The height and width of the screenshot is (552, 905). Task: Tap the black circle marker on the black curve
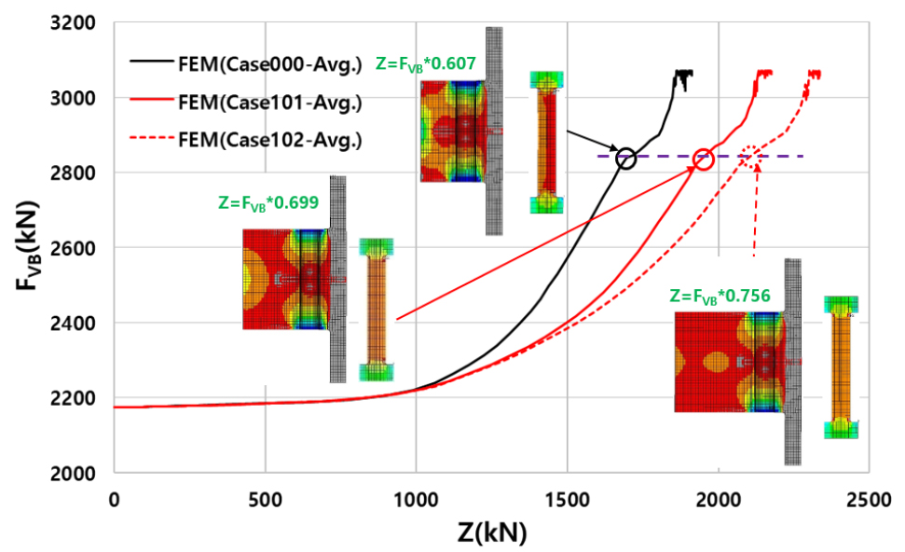(x=625, y=158)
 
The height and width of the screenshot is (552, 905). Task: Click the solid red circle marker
(x=704, y=159)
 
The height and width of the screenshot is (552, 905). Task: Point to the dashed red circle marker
(x=750, y=158)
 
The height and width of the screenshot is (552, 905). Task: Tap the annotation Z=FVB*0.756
(x=720, y=296)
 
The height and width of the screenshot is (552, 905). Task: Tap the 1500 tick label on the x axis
(x=567, y=500)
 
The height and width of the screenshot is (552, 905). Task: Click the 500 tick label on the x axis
(x=265, y=500)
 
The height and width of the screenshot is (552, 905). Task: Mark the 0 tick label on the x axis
(x=114, y=500)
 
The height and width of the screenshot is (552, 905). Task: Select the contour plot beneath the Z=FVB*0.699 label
(x=285, y=279)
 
